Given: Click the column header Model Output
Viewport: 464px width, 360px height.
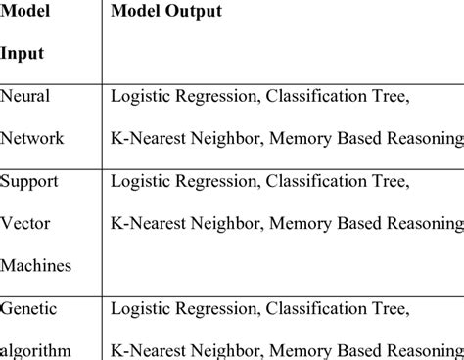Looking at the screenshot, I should (165, 12).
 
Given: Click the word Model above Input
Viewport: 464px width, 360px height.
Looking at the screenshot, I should (24, 12).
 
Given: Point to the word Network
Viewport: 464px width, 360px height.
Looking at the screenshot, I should (32, 138).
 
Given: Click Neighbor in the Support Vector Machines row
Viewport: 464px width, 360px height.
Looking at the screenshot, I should (226, 223).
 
